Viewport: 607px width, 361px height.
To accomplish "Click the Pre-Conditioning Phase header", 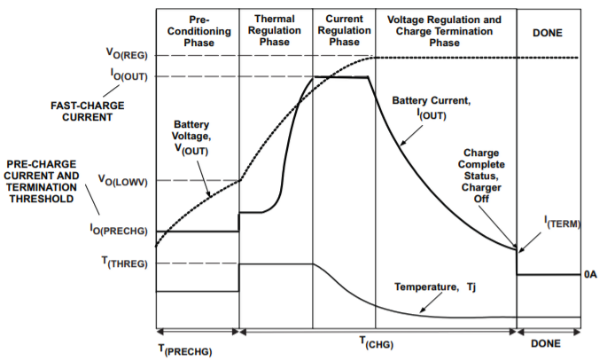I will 197,31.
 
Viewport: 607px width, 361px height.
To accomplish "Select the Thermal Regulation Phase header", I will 274,31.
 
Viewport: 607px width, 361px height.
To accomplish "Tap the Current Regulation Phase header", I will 343,31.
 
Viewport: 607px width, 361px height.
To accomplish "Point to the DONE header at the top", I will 549,32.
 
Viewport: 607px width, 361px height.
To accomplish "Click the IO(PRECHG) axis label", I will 122,232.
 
